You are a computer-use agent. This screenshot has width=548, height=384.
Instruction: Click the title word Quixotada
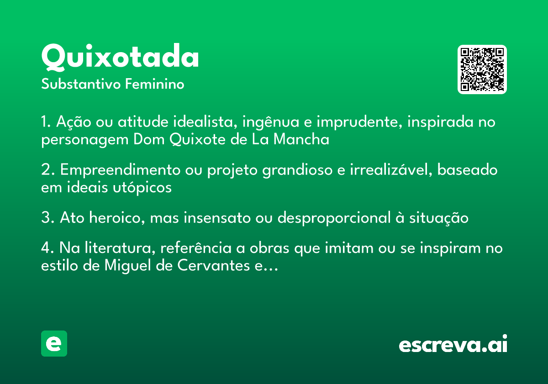pyautogui.click(x=120, y=57)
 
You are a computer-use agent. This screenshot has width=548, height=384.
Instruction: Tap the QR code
pyautogui.click(x=482, y=69)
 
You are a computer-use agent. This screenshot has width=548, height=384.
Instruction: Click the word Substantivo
pyautogui.click(x=81, y=84)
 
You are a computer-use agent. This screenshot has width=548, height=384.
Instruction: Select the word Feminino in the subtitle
pyautogui.click(x=155, y=84)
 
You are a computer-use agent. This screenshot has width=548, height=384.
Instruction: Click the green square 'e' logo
pyautogui.click(x=54, y=343)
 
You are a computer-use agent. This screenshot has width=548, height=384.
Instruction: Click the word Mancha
pyautogui.click(x=301, y=139)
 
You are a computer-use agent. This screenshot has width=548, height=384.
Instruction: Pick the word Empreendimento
pyautogui.click(x=121, y=171)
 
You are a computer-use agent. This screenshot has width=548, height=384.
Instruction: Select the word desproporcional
pyautogui.click(x=334, y=219)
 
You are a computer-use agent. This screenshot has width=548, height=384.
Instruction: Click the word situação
pyautogui.click(x=439, y=219)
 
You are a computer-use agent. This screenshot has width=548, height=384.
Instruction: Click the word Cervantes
pyautogui.click(x=214, y=266)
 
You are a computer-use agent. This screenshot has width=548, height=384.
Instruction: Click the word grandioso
pyautogui.click(x=297, y=171)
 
